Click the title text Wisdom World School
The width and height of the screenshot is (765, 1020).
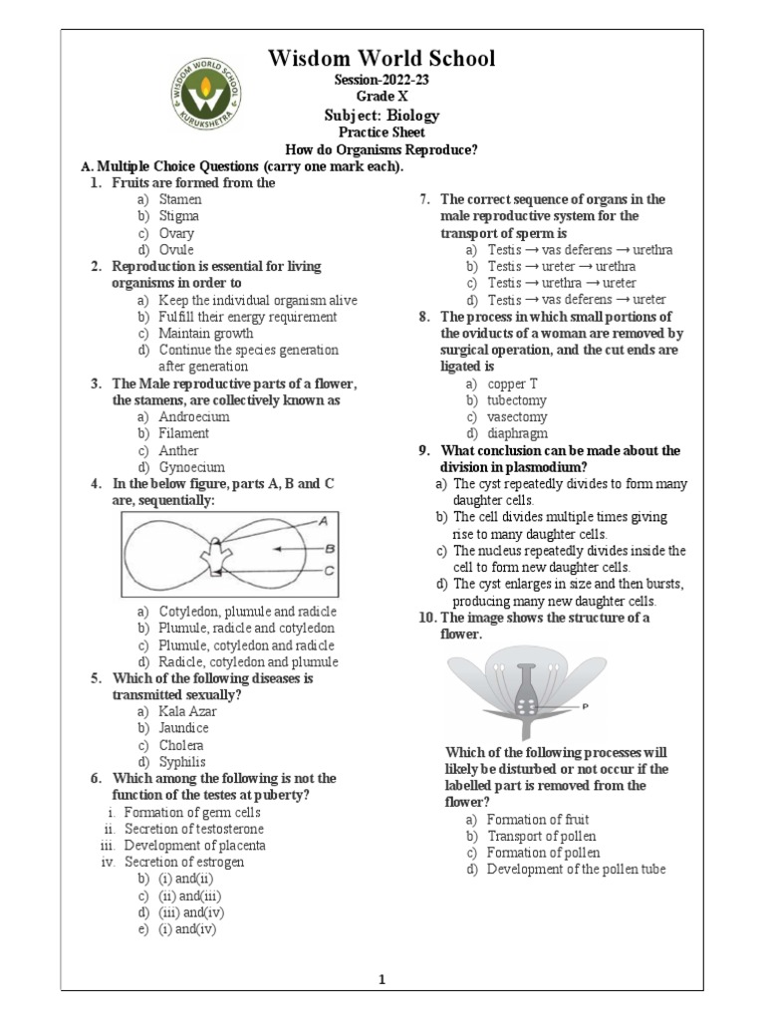[382, 59]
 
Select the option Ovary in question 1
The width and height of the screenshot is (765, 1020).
[176, 233]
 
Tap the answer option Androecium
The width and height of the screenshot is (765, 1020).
[192, 416]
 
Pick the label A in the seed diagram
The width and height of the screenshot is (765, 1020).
[323, 520]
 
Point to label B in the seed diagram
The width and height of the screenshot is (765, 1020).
[328, 548]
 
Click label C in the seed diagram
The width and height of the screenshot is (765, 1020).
[328, 570]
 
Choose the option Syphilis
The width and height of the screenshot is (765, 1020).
[182, 761]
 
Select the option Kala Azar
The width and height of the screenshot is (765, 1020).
[187, 711]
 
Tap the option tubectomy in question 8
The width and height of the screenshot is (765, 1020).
[517, 399]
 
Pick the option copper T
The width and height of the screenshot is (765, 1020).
[512, 382]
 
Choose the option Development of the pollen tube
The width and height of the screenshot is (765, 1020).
[576, 870]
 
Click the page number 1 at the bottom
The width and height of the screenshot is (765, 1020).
[381, 979]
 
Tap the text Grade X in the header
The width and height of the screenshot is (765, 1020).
[382, 98]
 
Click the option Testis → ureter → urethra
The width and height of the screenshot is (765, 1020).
[562, 266]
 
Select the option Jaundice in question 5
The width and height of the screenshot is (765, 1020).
[183, 728]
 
